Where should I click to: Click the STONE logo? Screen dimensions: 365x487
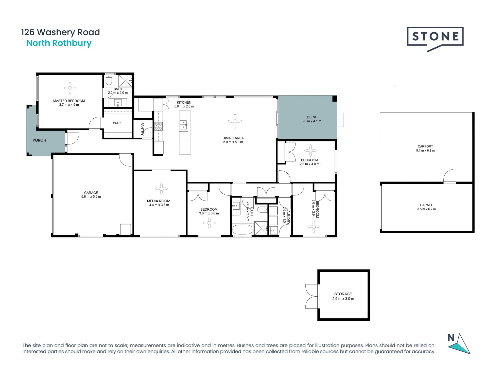[435, 37]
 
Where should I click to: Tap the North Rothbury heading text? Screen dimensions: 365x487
[59, 43]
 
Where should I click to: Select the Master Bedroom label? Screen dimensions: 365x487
[69, 101]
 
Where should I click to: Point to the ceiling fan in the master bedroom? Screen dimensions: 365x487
[70, 88]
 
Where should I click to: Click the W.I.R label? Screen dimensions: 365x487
[117, 123]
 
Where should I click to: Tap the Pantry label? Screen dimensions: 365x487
[142, 129]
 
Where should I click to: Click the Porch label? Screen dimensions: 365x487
[39, 140]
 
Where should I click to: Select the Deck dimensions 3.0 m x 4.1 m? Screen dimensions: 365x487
[311, 121]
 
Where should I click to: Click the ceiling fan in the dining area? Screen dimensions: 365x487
[235, 121]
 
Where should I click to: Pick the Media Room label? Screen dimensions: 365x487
[159, 201]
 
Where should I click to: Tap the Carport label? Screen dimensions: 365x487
[425, 146]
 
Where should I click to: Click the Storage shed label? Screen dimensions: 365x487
[343, 294]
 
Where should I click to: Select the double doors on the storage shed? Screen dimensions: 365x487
[311, 296]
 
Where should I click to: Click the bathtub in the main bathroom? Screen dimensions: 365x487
[242, 229]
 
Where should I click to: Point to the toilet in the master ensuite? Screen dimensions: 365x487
[109, 80]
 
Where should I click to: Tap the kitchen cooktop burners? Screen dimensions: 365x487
[159, 126]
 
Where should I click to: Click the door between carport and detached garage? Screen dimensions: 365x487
[450, 177]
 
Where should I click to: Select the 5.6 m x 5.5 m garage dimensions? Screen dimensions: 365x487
[91, 196]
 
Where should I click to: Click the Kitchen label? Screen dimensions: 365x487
[184, 102]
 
